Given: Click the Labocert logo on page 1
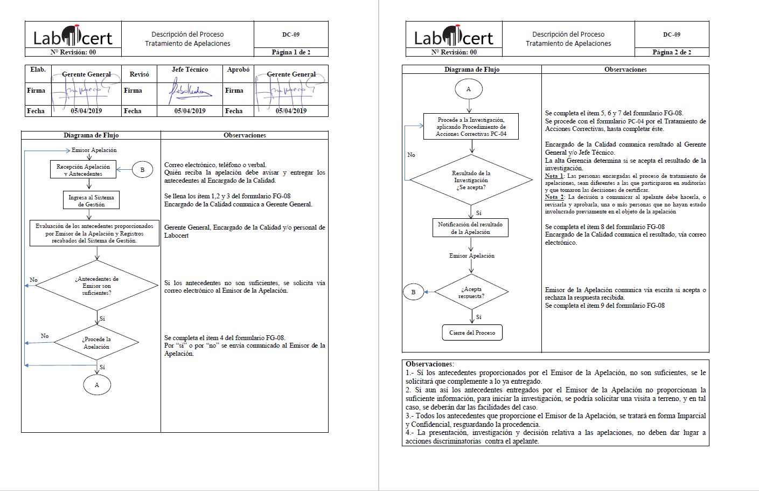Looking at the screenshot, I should click(x=73, y=37).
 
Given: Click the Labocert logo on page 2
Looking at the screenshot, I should click(x=454, y=37).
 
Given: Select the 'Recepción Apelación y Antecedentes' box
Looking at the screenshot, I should click(x=83, y=170).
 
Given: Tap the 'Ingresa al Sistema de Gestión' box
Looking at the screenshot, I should click(x=91, y=200).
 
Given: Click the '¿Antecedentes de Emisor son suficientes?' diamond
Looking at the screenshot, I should click(x=97, y=286).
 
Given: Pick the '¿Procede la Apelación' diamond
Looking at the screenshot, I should click(x=97, y=343).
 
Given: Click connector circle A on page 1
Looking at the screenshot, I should click(x=97, y=385).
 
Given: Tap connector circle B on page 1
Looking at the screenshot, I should click(x=142, y=170).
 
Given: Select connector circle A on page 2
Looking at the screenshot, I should click(x=468, y=89).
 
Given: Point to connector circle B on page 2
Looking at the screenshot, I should click(x=413, y=292).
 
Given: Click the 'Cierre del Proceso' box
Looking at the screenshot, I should click(x=472, y=333).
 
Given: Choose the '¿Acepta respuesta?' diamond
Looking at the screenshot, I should click(x=471, y=292).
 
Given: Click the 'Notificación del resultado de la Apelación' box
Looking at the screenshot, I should click(x=470, y=228).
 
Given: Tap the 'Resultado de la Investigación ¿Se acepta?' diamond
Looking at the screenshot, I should click(x=471, y=180).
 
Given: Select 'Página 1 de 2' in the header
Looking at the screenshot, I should click(x=291, y=52).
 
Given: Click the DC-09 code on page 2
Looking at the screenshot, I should click(x=671, y=34).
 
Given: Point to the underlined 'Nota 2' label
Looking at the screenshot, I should click(x=554, y=197).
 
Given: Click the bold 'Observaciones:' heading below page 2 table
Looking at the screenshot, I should click(x=429, y=364).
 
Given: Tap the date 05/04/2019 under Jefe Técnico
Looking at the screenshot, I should click(x=190, y=111).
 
